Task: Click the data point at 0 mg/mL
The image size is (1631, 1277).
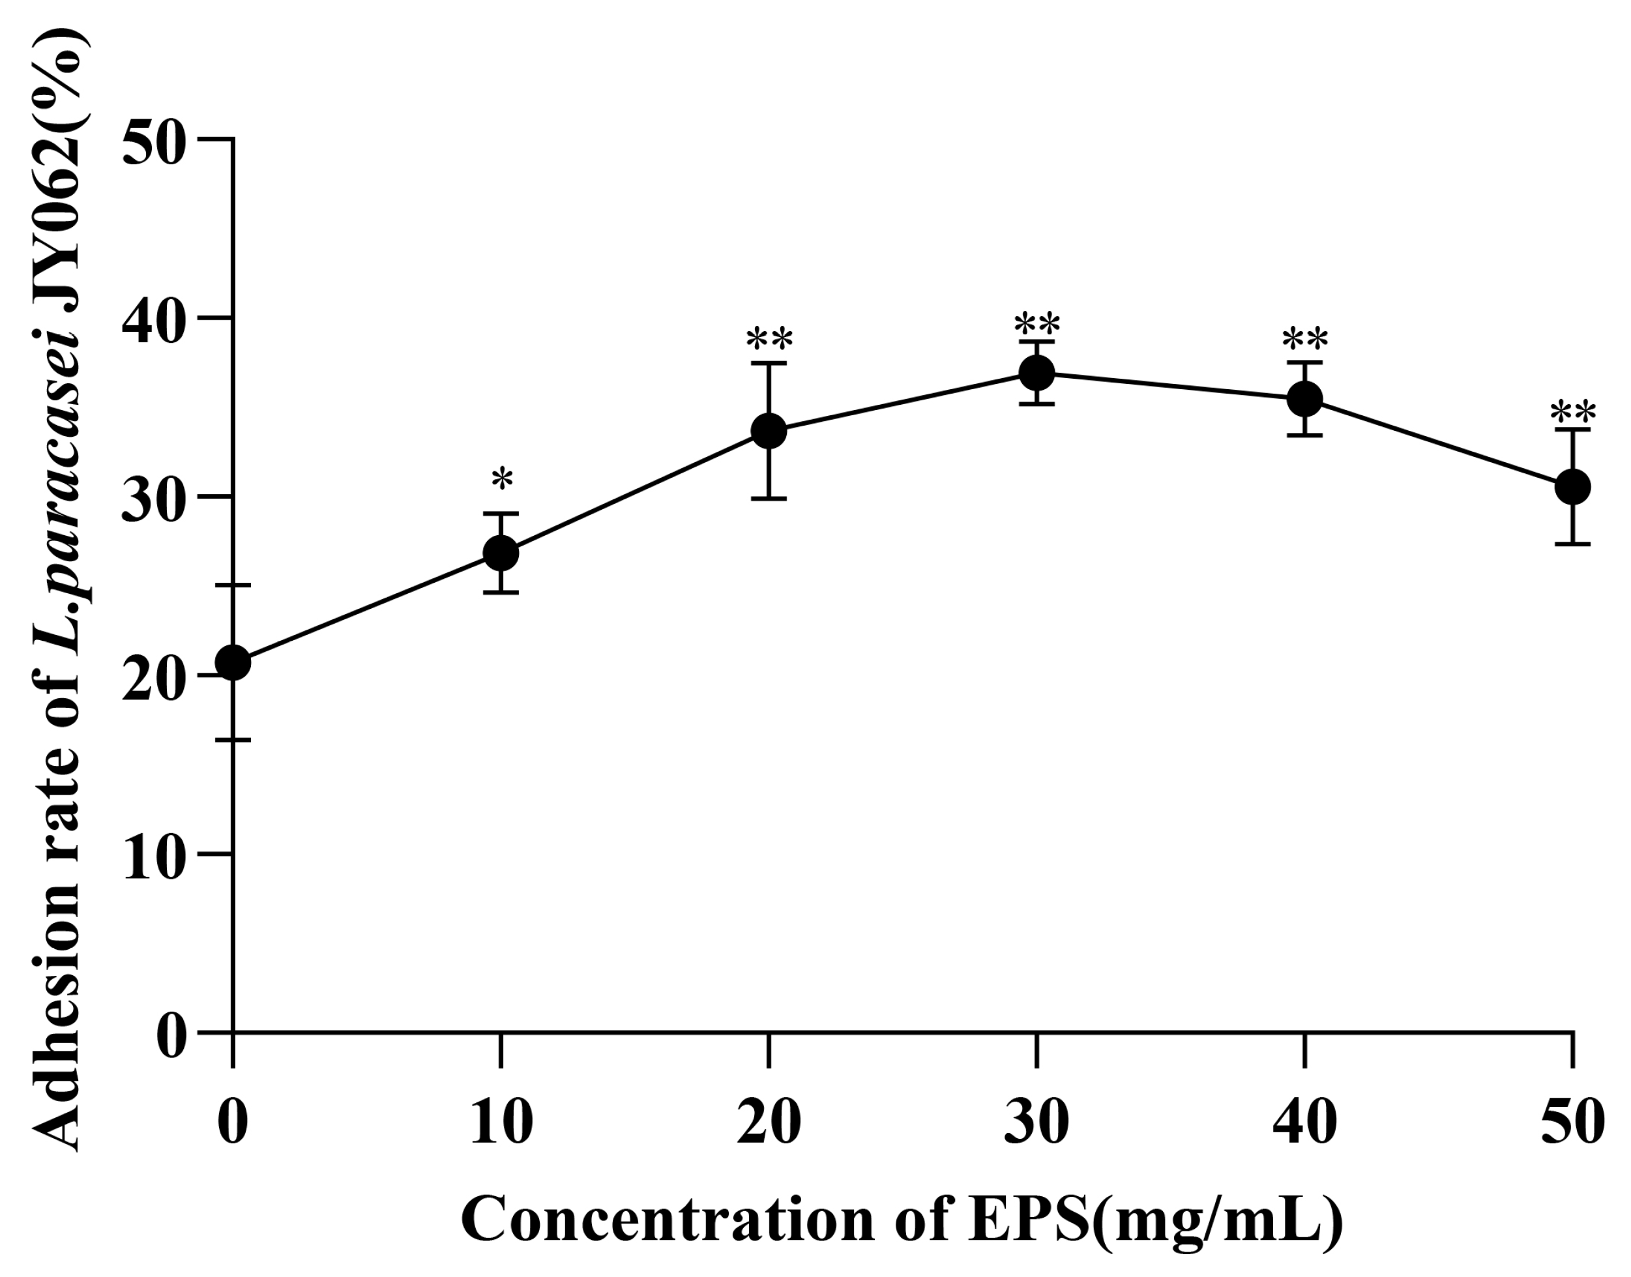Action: pyautogui.click(x=233, y=662)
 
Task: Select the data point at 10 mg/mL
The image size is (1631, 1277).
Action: pyautogui.click(x=501, y=553)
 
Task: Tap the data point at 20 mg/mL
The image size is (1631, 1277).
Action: pyautogui.click(x=769, y=432)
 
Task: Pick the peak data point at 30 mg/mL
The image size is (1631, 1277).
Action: pyautogui.click(x=1036, y=372)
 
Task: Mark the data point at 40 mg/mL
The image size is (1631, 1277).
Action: pyautogui.click(x=1304, y=398)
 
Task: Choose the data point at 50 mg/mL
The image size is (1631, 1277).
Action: pyautogui.click(x=1573, y=488)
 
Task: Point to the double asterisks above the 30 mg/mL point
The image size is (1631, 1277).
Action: pyautogui.click(x=1036, y=325)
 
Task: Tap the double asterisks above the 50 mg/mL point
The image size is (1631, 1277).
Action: pyautogui.click(x=1573, y=413)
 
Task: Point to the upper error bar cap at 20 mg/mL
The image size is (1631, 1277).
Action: pyautogui.click(x=769, y=362)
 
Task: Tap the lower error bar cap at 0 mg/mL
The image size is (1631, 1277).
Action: pyautogui.click(x=233, y=740)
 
